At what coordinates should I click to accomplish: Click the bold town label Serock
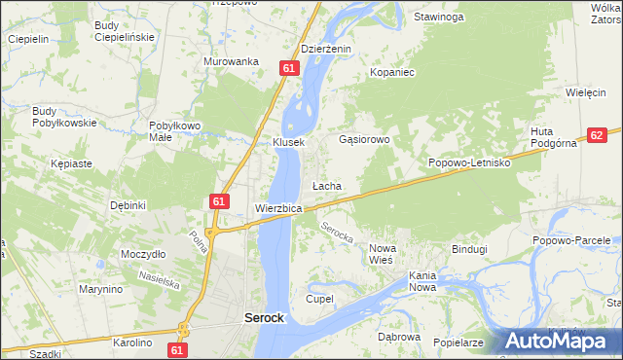pyautogui.click(x=262, y=318)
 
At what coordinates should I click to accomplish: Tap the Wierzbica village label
pyautogui.click(x=278, y=208)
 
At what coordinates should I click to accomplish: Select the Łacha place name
pyautogui.click(x=326, y=185)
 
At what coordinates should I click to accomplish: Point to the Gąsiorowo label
pyautogui.click(x=364, y=139)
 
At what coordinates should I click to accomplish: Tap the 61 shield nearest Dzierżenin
pyautogui.click(x=289, y=67)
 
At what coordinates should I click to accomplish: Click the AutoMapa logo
pyautogui.click(x=562, y=341)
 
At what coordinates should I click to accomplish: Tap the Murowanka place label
pyautogui.click(x=231, y=60)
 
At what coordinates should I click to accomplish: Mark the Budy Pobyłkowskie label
pyautogui.click(x=64, y=117)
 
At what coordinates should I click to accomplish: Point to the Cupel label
pyautogui.click(x=320, y=298)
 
